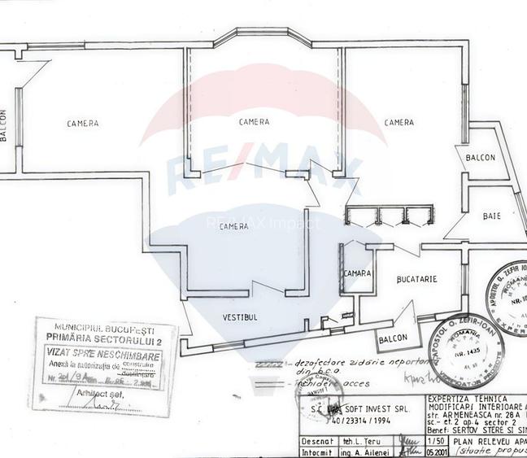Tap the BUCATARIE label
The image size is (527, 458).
click(416, 279)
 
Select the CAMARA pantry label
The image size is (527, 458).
click(359, 273)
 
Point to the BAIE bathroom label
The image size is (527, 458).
click(490, 216)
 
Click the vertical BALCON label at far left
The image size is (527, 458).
click(4, 126)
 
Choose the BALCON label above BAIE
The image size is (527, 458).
click(480, 158)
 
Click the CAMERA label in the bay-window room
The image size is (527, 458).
click(254, 122)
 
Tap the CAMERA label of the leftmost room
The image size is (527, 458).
click(83, 124)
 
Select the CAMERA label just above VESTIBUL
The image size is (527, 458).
click(233, 225)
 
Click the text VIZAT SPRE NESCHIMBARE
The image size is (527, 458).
click(101, 355)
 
